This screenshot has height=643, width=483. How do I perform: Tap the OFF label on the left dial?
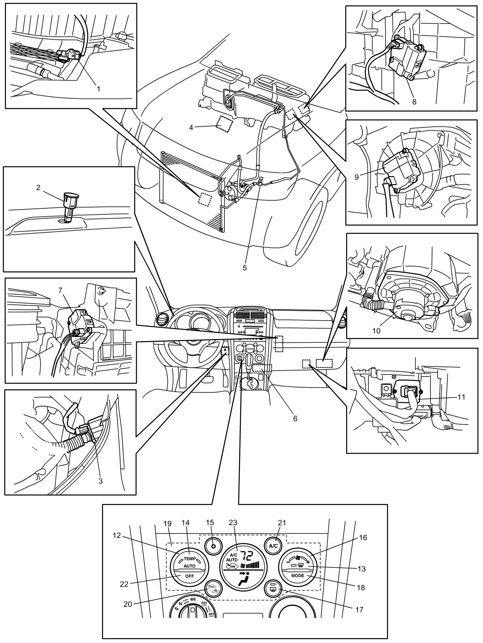189,576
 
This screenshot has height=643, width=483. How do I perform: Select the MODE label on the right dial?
297,576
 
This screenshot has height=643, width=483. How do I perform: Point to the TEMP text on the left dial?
189,559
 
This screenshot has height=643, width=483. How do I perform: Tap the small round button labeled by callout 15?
213,545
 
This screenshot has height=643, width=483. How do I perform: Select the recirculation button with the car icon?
213,588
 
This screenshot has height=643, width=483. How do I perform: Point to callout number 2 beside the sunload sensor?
39,187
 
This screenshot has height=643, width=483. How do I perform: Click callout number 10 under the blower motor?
376,330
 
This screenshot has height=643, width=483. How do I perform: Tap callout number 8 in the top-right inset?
414,102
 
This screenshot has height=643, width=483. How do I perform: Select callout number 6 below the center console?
295,418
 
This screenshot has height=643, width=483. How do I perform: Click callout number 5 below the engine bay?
245,268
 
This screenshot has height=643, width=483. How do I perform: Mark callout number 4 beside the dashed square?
191,127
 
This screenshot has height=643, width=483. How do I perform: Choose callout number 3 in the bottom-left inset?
101,481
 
